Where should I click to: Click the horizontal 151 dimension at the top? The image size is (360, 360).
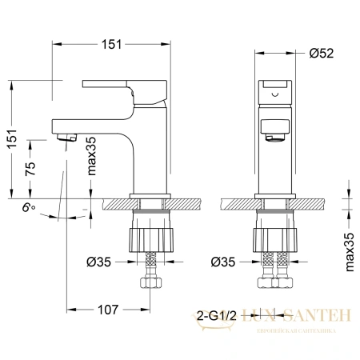[x=111, y=43]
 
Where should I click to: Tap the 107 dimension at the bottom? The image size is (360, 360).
[x=108, y=309]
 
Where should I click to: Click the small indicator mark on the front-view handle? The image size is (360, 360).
[x=276, y=94]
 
